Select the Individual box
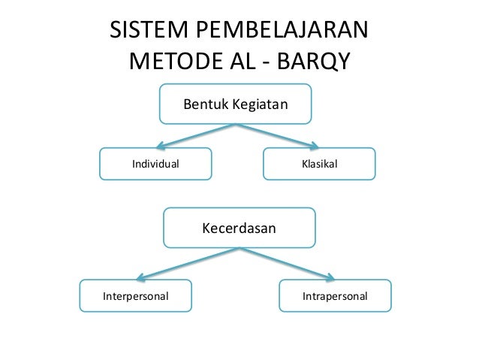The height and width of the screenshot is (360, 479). coord(156,163)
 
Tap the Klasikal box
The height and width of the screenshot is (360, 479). coord(318,163)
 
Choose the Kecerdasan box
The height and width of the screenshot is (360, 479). coord(239,227)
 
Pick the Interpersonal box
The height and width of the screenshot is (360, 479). coord(136,297)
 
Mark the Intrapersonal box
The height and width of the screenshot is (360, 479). coord(335,297)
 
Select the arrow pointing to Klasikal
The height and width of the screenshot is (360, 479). coord(278,135)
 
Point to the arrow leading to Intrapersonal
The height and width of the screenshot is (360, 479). coord(289,263)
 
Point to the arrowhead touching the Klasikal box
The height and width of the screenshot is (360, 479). coord(310,146)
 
